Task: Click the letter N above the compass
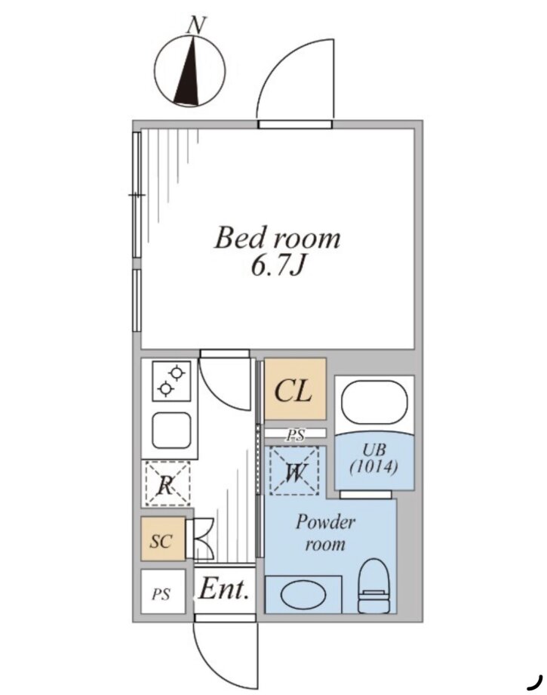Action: tap(196, 25)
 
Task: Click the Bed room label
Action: tap(277, 238)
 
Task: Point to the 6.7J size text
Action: tap(278, 266)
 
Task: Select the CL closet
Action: tap(295, 389)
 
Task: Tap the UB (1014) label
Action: tap(374, 459)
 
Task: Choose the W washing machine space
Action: tap(294, 471)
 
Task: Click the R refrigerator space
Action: tap(167, 483)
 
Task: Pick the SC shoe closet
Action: tap(163, 539)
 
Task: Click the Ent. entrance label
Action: tap(223, 589)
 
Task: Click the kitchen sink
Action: tap(172, 431)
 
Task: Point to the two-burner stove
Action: tap(172, 381)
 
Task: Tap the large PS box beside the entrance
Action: tap(163, 592)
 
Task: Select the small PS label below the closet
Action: tap(295, 435)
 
